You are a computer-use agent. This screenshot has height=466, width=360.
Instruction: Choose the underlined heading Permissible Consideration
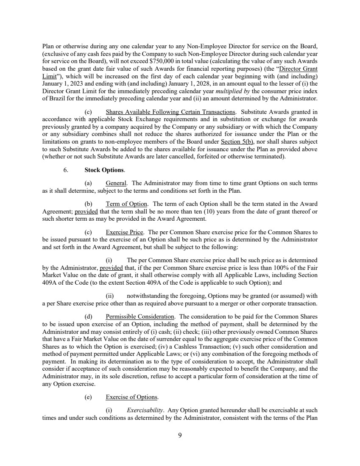point(140,316)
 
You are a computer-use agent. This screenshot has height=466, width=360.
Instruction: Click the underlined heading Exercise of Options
point(132,397)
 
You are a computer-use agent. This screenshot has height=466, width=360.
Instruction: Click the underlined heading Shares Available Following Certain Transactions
point(170,112)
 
